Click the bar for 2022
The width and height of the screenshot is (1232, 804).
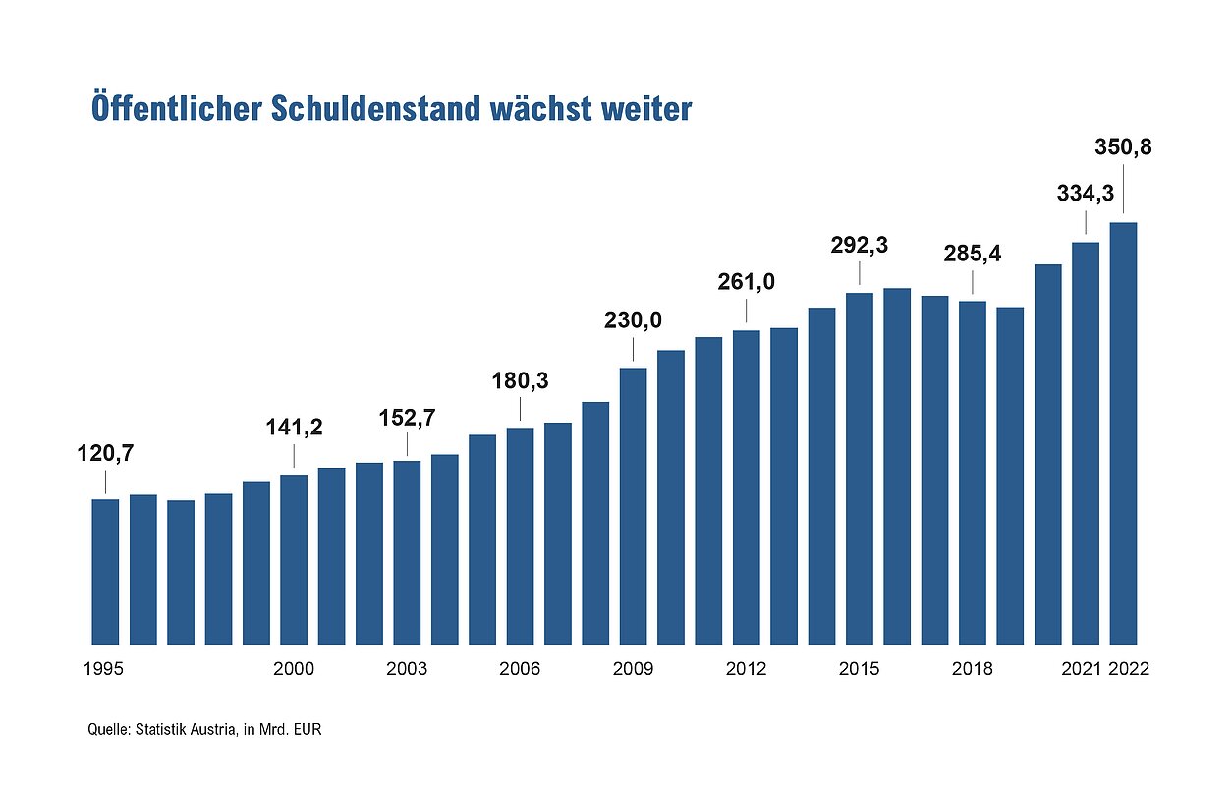pos(1122,432)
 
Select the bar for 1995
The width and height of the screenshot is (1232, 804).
pos(105,571)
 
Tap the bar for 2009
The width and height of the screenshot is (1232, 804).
pos(633,505)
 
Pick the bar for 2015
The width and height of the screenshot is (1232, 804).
pos(860,468)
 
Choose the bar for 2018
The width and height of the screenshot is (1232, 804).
pos(973,472)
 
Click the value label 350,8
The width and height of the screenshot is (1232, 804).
pos(1123,148)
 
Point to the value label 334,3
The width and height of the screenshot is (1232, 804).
pos(1085,194)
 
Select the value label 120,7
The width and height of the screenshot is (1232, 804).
pos(105,454)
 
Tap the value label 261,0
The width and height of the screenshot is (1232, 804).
pos(746,282)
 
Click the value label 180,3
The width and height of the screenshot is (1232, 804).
pos(520,379)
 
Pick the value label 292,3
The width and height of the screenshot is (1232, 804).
pos(860,245)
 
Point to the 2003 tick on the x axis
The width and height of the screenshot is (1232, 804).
pos(407,669)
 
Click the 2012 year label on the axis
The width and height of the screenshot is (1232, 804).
pos(746,669)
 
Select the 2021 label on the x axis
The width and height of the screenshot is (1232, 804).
pos(1081,669)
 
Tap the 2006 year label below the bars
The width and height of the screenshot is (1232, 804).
pos(520,669)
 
